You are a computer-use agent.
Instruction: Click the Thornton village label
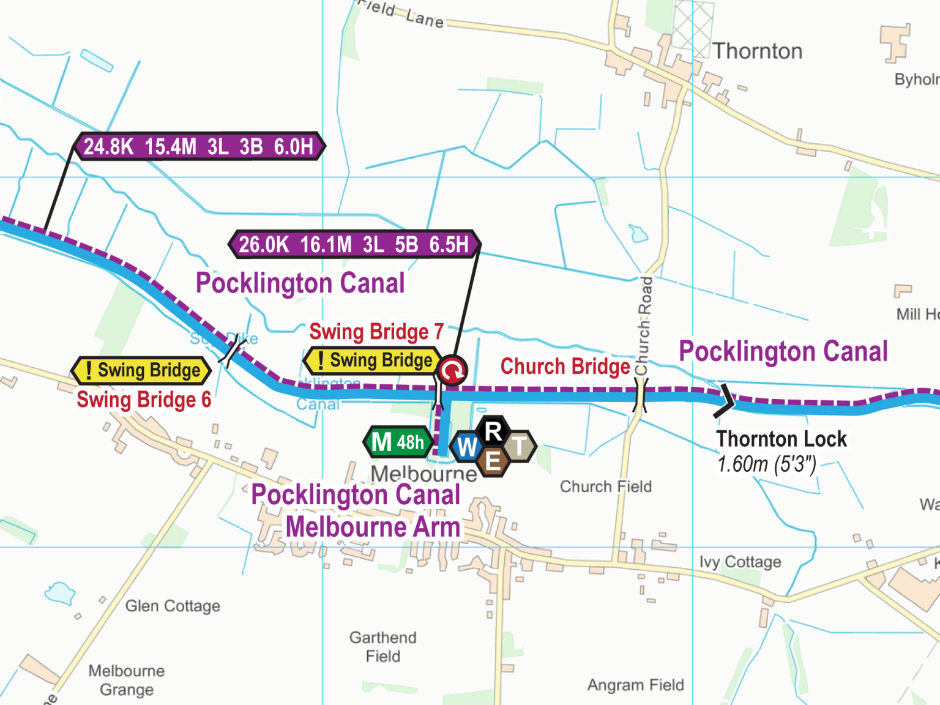pos(757,51)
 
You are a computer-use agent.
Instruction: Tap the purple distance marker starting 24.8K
pos(199,146)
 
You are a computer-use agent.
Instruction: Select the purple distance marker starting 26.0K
pos(354,244)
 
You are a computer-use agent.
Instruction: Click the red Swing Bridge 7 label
pos(376,332)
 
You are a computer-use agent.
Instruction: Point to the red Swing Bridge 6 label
pos(144,400)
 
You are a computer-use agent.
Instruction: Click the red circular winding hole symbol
pos(452,370)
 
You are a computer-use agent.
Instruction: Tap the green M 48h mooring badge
pos(398,442)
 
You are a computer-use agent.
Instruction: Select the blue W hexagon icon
pos(467,447)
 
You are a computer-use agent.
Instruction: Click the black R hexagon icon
pos(493,431)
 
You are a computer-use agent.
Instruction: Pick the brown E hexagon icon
pos(493,462)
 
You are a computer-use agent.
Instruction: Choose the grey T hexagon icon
pos(519,447)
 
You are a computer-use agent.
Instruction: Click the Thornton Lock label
pos(781,439)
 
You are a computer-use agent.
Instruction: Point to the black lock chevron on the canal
pos(725,401)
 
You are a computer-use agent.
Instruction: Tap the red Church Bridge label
pos(565,366)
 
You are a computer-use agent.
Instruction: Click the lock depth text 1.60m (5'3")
pos(767,464)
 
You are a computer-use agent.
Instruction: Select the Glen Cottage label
pos(173,606)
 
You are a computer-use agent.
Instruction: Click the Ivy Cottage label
pos(740,562)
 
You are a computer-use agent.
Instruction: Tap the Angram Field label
pos(635,685)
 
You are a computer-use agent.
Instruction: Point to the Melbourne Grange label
pos(127,680)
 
